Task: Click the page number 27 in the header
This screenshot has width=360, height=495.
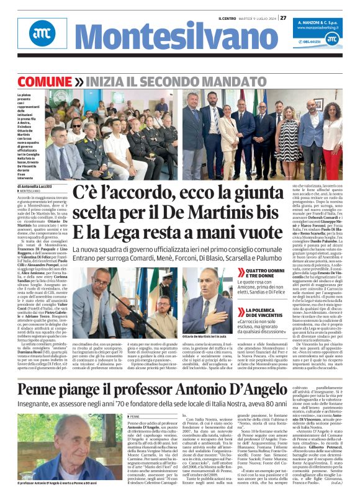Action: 283,18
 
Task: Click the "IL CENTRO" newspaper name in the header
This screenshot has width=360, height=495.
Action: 227,18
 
